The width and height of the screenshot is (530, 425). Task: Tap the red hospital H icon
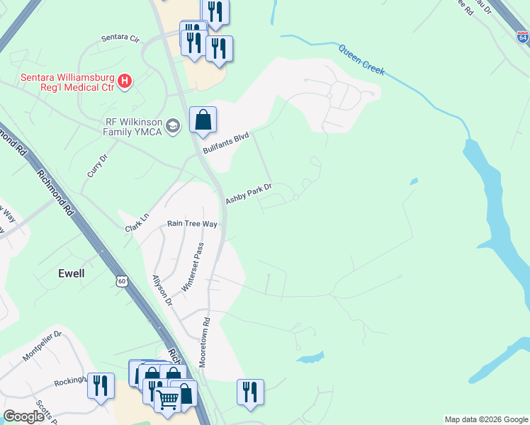(x=125, y=81)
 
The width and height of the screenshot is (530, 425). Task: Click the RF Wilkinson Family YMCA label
(x=123, y=126)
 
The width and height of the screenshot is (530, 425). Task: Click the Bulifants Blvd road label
(x=226, y=141)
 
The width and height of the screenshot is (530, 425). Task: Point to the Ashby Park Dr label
(x=249, y=192)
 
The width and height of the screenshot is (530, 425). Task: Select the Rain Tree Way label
(x=191, y=223)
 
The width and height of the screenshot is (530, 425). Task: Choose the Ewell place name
(x=72, y=273)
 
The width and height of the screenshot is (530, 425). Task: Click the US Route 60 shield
(x=122, y=282)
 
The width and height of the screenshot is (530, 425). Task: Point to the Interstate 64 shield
(x=522, y=38)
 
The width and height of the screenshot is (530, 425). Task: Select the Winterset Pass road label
(x=193, y=267)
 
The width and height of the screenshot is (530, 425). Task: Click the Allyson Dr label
(x=162, y=290)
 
